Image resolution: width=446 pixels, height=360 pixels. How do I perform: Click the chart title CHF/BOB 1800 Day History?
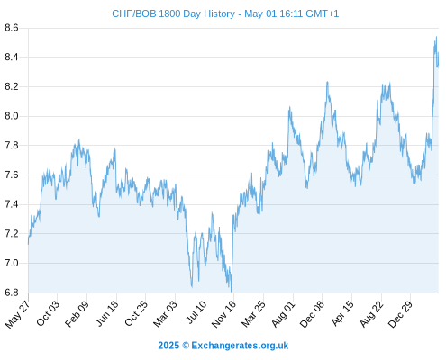[x=173, y=13]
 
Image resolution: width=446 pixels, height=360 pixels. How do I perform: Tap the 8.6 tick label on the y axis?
[x=12, y=28]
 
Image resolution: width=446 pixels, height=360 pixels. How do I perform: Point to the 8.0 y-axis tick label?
[x=12, y=116]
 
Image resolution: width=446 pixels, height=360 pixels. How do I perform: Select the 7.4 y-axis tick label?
[x=12, y=204]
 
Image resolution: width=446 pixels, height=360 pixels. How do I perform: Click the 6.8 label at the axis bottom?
[x=12, y=292]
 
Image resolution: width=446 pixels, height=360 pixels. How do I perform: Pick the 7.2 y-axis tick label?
[x=12, y=234]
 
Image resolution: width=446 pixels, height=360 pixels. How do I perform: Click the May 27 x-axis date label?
[x=17, y=314]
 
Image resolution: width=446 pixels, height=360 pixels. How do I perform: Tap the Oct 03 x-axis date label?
[x=48, y=313]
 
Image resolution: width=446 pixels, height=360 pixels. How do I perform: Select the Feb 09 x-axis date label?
[x=77, y=313]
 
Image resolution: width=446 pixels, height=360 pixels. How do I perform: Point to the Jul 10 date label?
[x=196, y=312]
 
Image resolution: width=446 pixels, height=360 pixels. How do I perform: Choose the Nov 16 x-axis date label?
[x=223, y=314]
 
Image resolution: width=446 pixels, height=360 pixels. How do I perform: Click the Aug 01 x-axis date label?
[x=284, y=314]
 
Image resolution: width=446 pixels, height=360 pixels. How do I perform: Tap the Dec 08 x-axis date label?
[x=313, y=314]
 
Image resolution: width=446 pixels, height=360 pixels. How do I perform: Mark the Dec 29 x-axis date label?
[x=400, y=314]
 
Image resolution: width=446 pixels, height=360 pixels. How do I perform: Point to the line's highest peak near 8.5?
[x=436, y=37]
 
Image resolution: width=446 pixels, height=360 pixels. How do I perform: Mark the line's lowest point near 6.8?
[x=231, y=292]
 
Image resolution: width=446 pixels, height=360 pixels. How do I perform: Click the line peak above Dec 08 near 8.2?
[x=327, y=82]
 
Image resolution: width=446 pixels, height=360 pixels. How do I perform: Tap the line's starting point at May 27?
[x=29, y=244]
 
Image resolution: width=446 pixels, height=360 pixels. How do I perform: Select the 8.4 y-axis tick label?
[x=12, y=57]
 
